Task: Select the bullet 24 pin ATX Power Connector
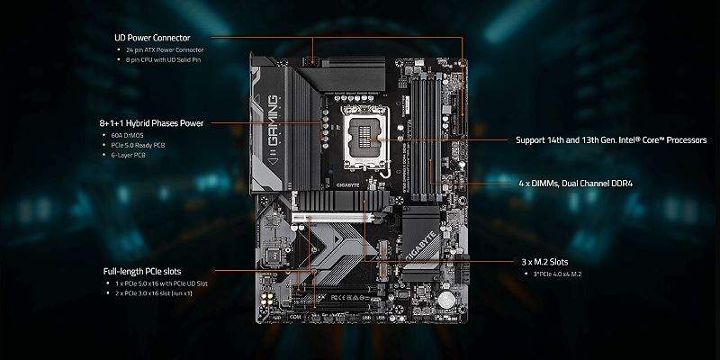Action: click(167, 49)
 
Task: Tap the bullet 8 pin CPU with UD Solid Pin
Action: click(168, 59)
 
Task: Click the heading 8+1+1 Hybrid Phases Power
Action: click(152, 121)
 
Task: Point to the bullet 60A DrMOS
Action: click(125, 135)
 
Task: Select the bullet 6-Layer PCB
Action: click(131, 155)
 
